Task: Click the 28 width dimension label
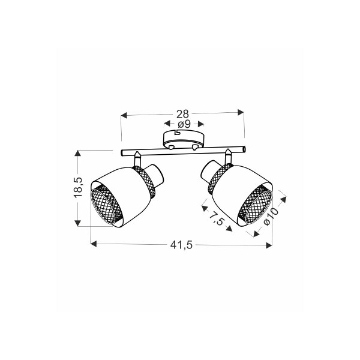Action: click(182, 114)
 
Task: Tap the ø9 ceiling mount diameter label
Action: click(184, 124)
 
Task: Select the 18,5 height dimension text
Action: click(78, 187)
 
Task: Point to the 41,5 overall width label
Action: click(181, 245)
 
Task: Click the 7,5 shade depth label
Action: click(216, 218)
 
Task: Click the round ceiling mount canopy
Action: click(183, 139)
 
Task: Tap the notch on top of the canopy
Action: click(177, 132)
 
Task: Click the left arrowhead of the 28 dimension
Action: click(124, 115)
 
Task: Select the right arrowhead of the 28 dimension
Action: click(241, 112)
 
